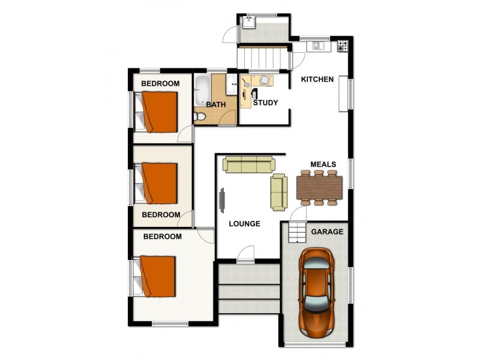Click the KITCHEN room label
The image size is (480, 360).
point(317,80)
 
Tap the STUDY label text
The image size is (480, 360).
point(265,103)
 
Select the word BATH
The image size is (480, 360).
point(216,104)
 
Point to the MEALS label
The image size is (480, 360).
point(323,164)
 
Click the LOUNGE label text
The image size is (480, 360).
point(245,224)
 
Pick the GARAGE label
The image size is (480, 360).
point(327,232)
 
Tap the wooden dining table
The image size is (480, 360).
point(319,187)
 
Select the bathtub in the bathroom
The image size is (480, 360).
point(202,90)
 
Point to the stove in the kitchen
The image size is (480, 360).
point(342,45)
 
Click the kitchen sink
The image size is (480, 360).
point(316,45)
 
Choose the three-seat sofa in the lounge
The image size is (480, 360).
point(248,164)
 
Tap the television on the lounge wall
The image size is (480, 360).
point(222,200)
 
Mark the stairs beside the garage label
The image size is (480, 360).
point(295,232)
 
